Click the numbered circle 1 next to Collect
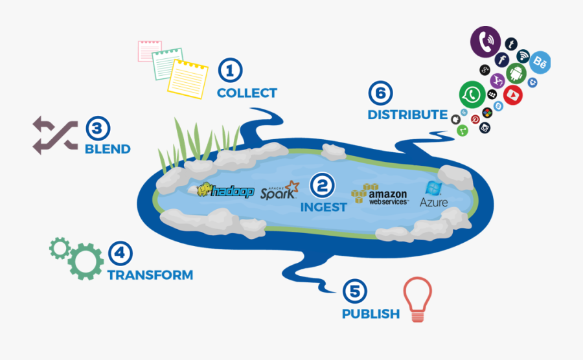pyautogui.click(x=229, y=70)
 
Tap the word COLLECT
pyautogui.click(x=247, y=93)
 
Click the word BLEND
pyautogui.click(x=108, y=149)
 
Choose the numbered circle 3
pyautogui.click(x=97, y=128)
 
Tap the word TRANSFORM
pyautogui.click(x=150, y=275)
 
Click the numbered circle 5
pyautogui.click(x=354, y=291)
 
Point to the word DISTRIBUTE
pyautogui.click(x=407, y=115)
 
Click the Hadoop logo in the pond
pyautogui.click(x=225, y=190)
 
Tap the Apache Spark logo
pyautogui.click(x=279, y=190)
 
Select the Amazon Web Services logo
pyautogui.click(x=380, y=194)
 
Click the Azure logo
pyautogui.click(x=433, y=194)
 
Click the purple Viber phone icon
pyautogui.click(x=486, y=42)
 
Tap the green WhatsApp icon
pyautogui.click(x=472, y=95)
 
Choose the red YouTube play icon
pyautogui.click(x=512, y=94)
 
